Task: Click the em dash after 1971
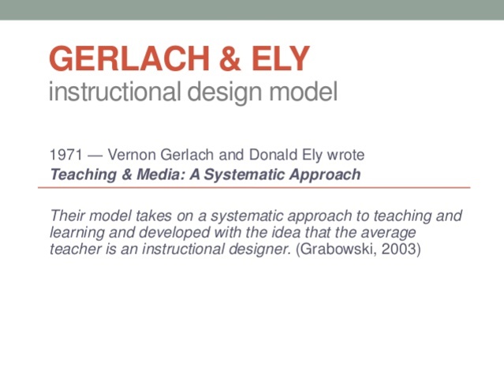[94, 156]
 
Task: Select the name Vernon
[129, 156]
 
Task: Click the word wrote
[345, 156]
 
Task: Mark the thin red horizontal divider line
[252, 188]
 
